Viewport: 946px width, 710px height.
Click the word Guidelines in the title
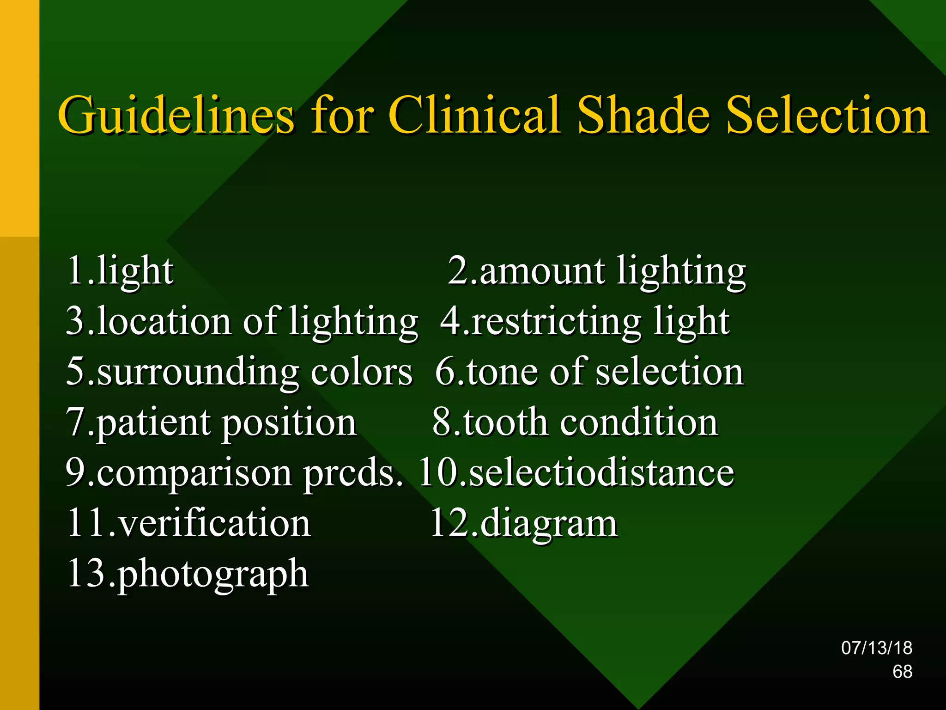tap(176, 116)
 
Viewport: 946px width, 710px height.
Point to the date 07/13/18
tap(876, 648)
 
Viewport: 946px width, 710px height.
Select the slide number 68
tap(902, 672)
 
